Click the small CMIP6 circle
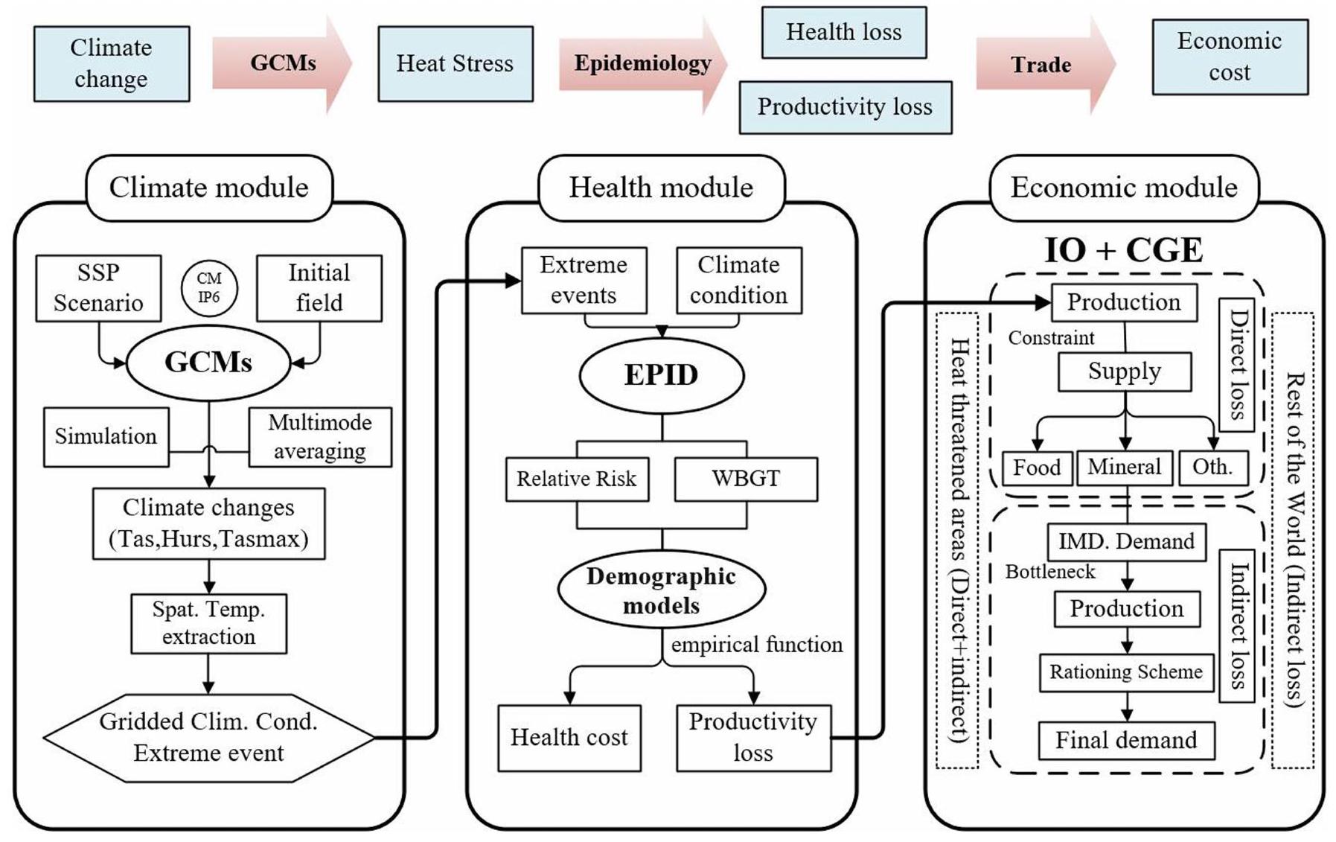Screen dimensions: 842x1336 [x=209, y=288]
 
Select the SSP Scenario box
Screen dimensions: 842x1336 [x=98, y=288]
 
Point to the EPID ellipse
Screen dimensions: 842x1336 [x=661, y=374]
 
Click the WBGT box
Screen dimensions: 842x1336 [x=746, y=479]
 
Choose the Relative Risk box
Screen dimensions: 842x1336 [x=577, y=479]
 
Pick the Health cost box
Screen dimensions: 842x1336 [x=569, y=737]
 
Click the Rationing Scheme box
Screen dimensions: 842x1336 [x=1126, y=672]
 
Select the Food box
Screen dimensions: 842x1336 [x=1037, y=468]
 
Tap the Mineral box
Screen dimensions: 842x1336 [x=1124, y=468]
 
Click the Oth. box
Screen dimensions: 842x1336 [x=1212, y=468]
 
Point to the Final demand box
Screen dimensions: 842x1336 [x=1126, y=740]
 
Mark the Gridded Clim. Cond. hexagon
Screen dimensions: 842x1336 [x=208, y=737]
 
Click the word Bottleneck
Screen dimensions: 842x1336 [x=1050, y=572]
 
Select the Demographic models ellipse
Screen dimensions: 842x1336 [x=661, y=590]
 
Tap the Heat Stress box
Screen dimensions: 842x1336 [x=455, y=64]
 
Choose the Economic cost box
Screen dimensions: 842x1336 [x=1230, y=57]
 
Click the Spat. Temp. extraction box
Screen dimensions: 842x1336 [x=208, y=623]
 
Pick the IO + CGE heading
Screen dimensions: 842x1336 [x=1123, y=250]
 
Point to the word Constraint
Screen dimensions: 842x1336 [x=1051, y=338]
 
